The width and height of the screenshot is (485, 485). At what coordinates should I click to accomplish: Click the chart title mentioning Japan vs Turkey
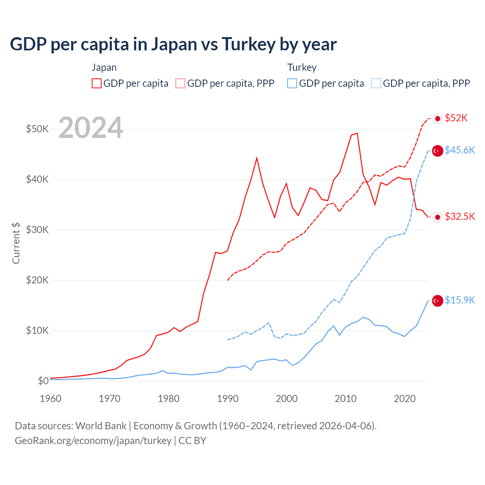coord(173,44)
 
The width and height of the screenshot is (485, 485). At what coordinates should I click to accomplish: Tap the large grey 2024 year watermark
coord(91,128)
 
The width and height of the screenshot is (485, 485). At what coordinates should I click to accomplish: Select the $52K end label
coord(456,118)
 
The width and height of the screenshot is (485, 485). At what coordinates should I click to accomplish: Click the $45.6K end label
coord(460,150)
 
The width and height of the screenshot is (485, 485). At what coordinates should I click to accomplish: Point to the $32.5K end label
coord(460,217)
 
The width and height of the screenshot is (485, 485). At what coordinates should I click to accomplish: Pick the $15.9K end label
coord(460,300)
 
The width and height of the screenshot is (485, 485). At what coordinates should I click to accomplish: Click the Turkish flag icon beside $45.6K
coord(438,151)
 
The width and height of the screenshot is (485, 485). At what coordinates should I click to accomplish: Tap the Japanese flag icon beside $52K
coord(438,119)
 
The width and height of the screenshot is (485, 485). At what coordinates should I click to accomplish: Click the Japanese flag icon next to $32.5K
coord(438,217)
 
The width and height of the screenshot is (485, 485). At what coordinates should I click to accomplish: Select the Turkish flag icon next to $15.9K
coord(438,301)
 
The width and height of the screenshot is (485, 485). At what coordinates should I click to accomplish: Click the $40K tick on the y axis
coord(37,179)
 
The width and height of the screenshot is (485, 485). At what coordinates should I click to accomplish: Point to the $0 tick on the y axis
coord(43,381)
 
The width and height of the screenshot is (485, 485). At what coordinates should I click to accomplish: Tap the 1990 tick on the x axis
coord(228,399)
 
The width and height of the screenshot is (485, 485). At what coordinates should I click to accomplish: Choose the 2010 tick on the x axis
coord(346,399)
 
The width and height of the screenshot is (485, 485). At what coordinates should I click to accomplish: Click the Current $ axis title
coord(16,243)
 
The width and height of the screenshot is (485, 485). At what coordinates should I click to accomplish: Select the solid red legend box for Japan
coord(97,83)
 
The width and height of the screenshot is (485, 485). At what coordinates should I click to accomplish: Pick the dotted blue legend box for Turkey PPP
coord(376,83)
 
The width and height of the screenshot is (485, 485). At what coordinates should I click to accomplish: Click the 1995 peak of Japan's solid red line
coord(257,158)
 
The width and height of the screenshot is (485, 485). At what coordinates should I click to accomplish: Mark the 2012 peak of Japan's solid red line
coord(357,133)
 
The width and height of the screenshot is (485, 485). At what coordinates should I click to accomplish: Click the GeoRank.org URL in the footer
coord(93,441)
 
